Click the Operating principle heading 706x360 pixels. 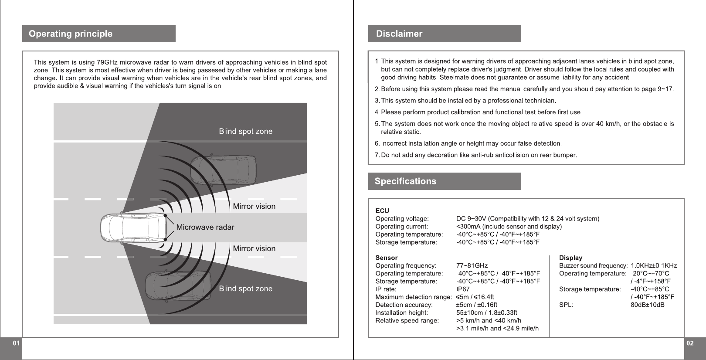(71, 34)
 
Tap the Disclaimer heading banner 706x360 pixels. (399, 34)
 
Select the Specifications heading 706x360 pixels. (405, 181)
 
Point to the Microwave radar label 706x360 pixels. (205, 227)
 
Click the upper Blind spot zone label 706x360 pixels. (245, 131)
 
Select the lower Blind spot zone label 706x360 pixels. (245, 289)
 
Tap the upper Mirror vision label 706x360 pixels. (254, 206)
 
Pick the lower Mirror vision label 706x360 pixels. (254, 248)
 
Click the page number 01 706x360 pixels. (16, 343)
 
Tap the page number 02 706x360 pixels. (690, 343)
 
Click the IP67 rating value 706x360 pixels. (463, 289)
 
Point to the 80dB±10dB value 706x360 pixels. (648, 305)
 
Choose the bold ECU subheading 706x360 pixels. (382, 211)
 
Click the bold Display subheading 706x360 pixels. (570, 258)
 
